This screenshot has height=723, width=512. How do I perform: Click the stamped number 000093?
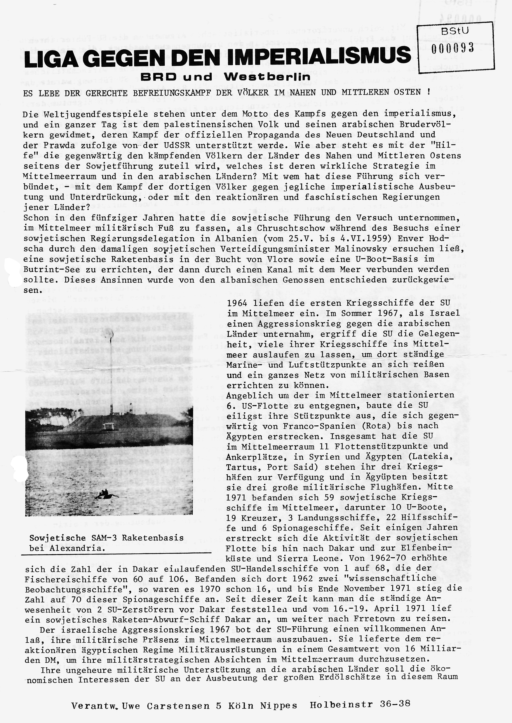click(x=453, y=48)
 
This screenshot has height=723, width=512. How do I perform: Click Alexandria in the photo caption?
click(x=76, y=548)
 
